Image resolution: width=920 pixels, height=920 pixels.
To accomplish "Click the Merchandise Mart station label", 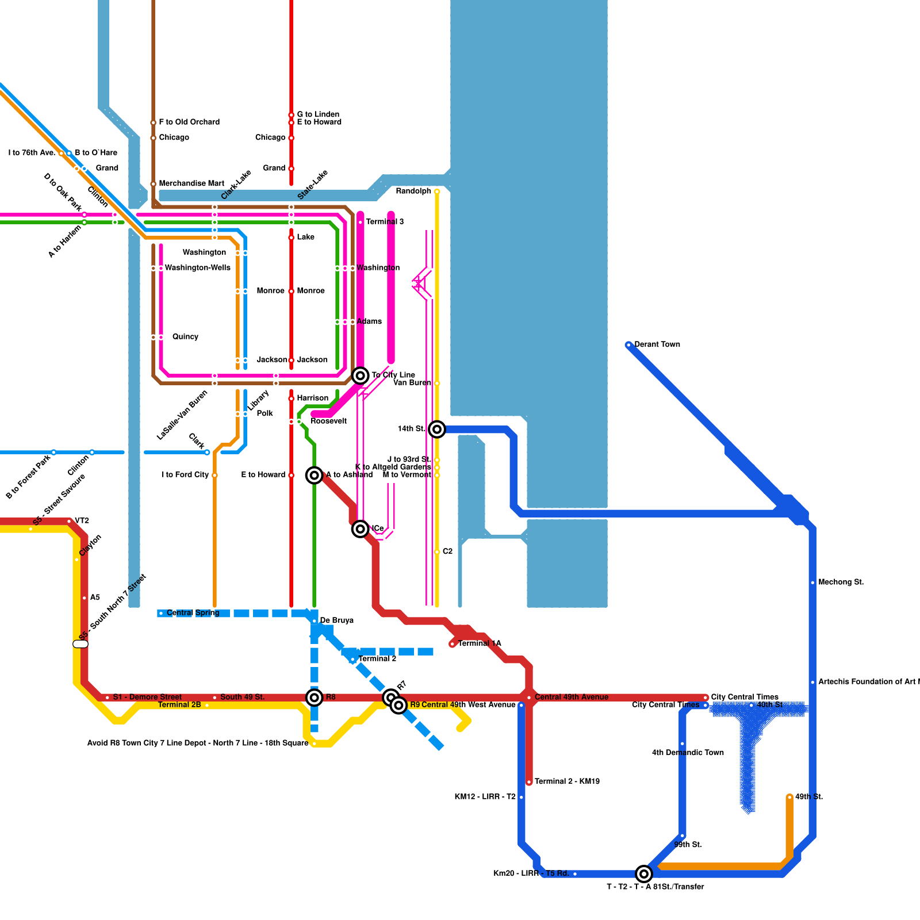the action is tap(191, 183).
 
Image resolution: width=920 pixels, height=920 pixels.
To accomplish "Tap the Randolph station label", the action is tap(413, 191).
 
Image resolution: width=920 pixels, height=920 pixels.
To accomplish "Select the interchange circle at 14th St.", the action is tap(437, 429).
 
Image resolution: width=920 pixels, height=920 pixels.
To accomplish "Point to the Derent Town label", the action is tap(657, 344).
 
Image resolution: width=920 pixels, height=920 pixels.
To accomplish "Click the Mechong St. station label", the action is tap(841, 582).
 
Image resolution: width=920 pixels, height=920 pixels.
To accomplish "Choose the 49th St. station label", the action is tap(808, 796).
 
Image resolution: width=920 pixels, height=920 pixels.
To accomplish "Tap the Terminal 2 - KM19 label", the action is tap(567, 781).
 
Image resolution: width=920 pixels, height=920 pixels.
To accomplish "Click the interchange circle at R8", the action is tap(315, 697).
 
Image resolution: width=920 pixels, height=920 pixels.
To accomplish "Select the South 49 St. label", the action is tap(242, 697).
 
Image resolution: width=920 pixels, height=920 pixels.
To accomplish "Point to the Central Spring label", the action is tap(193, 612).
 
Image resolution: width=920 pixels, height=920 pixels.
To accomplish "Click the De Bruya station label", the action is tap(336, 620).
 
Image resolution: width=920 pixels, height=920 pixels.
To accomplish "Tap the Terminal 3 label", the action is tap(385, 221).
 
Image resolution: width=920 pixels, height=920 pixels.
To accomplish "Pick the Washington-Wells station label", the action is tap(197, 267).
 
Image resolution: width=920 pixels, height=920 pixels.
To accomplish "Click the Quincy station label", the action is tap(185, 336).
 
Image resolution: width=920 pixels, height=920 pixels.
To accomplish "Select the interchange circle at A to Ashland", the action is tap(315, 475).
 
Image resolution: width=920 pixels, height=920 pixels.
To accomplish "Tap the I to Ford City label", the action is tap(185, 474).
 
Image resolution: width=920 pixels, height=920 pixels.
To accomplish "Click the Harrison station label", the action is tap(312, 398).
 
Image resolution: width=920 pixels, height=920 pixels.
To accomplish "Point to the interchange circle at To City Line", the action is tap(361, 375).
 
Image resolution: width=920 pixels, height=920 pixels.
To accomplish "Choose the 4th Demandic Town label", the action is tap(688, 752).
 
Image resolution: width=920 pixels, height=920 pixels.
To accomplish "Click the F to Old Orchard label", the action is tap(189, 122).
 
